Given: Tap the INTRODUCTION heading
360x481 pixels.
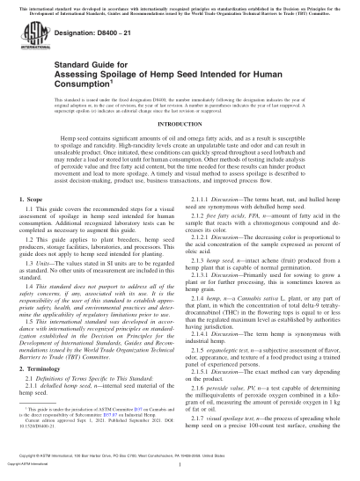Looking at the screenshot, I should click(x=180, y=147).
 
